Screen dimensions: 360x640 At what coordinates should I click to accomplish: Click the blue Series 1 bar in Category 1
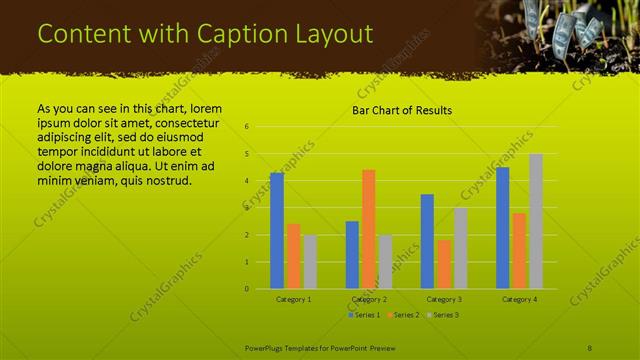tap(277, 231)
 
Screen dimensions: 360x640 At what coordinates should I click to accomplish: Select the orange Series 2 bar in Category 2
tap(368, 229)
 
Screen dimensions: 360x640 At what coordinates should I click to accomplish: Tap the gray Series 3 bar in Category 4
tap(536, 221)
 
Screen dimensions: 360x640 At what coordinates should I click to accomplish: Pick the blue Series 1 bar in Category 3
tap(427, 241)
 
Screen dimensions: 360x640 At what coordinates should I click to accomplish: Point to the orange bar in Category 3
tap(444, 264)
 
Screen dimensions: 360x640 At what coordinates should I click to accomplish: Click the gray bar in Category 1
tap(309, 262)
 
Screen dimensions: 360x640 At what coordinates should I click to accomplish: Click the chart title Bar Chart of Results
tap(402, 110)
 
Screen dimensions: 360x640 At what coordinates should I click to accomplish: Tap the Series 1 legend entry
tap(364, 315)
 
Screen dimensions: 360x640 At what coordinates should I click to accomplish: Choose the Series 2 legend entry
tap(402, 315)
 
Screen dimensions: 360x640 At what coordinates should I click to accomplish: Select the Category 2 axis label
tap(368, 299)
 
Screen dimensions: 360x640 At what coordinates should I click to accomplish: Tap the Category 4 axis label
tap(519, 299)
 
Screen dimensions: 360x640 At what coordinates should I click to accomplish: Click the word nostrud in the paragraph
tap(160, 180)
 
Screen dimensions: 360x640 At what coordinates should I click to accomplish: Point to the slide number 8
tap(590, 347)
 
